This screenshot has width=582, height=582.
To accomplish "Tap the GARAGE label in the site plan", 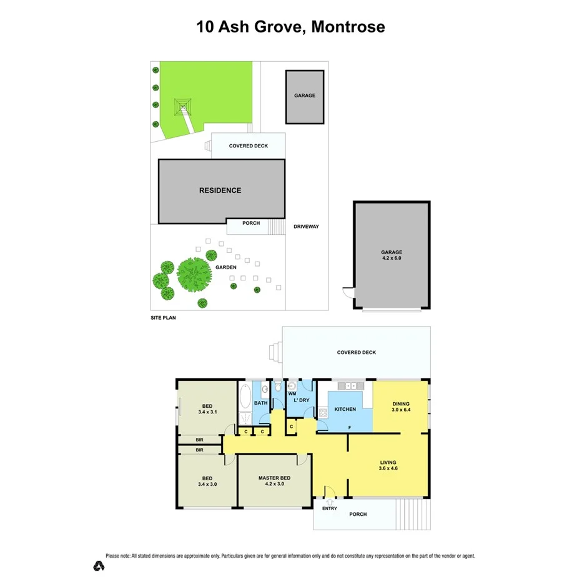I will [x=305, y=96].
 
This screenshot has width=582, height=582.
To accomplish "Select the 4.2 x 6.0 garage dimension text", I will [x=392, y=258].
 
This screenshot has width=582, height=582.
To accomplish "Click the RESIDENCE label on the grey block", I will [x=220, y=190].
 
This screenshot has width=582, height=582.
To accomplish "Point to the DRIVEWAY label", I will [x=306, y=226].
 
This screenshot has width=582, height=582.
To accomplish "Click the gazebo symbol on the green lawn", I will [x=182, y=107].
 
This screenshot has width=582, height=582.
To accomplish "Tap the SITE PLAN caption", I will [x=164, y=317].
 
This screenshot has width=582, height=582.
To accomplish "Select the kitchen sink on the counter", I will [x=346, y=387].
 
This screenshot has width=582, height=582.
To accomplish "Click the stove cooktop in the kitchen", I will [x=323, y=412].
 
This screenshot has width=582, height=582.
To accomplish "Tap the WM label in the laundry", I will [x=292, y=394].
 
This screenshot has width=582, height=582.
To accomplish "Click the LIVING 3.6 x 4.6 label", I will [x=389, y=465].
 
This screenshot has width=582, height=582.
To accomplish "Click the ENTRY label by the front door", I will [x=329, y=508].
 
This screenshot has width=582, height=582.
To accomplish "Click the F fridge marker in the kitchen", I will [x=349, y=428].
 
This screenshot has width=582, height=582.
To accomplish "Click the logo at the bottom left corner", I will [x=98, y=566].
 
